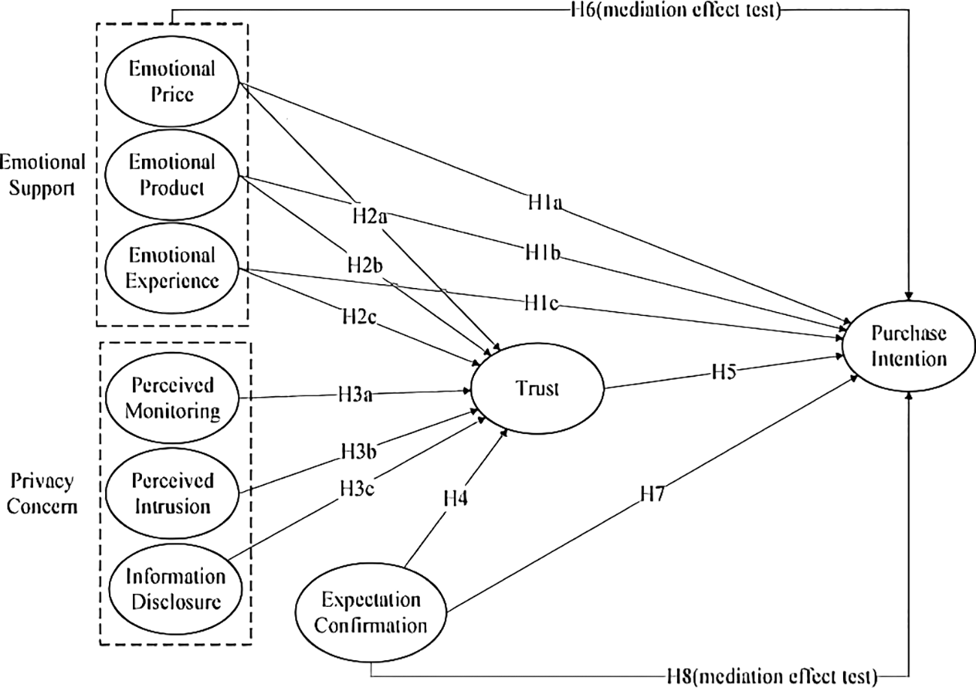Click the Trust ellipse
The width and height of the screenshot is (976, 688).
tap(536, 389)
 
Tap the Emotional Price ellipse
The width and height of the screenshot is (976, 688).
tap(172, 82)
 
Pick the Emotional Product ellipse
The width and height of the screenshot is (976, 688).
tap(172, 174)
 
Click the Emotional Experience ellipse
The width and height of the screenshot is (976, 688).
tap(172, 268)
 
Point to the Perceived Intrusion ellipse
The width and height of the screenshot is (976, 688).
tap(172, 493)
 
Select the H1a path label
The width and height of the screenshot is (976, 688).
tap(546, 203)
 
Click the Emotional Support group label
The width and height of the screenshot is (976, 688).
tap(42, 174)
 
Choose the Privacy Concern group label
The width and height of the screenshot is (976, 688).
tap(44, 493)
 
